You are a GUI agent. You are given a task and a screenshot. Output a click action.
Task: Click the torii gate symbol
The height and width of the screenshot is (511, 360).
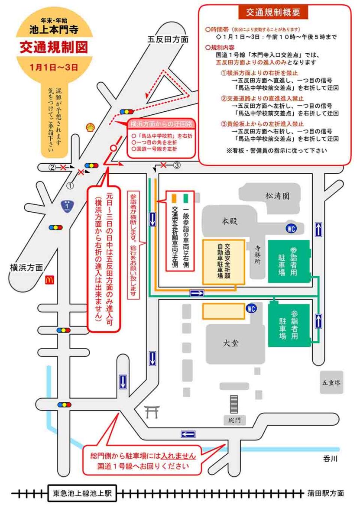(x=151, y=412)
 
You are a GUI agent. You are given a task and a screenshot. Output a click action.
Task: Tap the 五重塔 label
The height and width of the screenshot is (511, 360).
(x=331, y=383)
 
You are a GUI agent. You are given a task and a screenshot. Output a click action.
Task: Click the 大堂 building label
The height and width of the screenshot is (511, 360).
(x=230, y=343)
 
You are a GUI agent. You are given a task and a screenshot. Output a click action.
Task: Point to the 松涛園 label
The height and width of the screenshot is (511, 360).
(x=277, y=196)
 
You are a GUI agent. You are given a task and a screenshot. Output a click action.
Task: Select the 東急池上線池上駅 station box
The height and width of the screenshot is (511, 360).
(x=82, y=493)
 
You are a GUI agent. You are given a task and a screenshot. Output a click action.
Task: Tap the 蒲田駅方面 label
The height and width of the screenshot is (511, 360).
(x=326, y=493)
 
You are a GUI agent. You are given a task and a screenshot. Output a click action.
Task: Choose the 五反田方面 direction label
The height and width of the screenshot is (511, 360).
(x=168, y=39)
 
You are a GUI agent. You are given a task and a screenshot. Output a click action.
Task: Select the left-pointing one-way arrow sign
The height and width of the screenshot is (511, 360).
(x=188, y=434)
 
